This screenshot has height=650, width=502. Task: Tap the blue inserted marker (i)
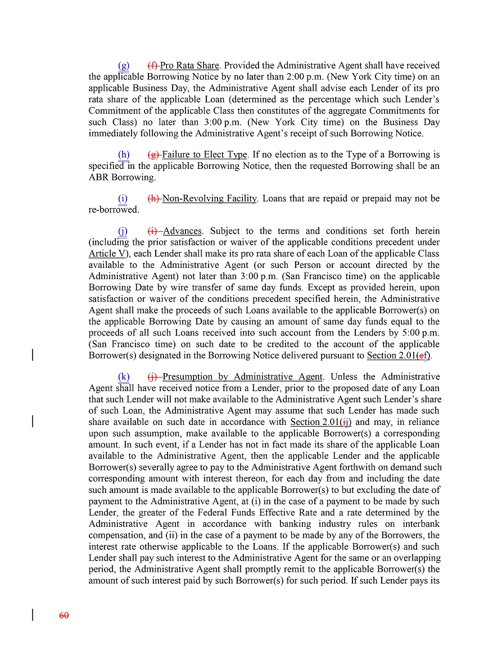[123, 199]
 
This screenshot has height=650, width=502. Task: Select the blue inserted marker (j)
[123, 231]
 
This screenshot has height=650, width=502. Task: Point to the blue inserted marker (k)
[124, 377]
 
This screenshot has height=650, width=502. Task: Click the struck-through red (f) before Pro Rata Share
[153, 66]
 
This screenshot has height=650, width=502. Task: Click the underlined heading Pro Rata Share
[189, 66]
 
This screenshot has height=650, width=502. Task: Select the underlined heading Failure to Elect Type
[205, 155]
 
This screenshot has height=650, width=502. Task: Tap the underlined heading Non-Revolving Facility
[210, 199]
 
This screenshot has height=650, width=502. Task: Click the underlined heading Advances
[182, 231]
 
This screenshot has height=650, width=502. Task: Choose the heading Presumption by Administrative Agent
[242, 377]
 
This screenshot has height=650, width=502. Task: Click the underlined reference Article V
[107, 254]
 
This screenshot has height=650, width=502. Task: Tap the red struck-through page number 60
[64, 616]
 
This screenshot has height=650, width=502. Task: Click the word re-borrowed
[113, 210]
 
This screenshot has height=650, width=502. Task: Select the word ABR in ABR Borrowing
[99, 177]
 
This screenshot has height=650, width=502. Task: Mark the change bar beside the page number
[33, 615]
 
